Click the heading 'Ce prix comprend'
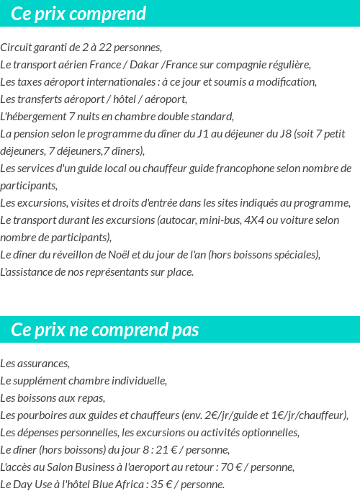click(x=78, y=14)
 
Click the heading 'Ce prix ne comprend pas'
click(x=105, y=330)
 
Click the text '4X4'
click(x=253, y=220)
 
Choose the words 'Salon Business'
click(x=80, y=467)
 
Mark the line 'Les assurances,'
click(x=35, y=363)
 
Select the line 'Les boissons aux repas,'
click(x=53, y=397)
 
